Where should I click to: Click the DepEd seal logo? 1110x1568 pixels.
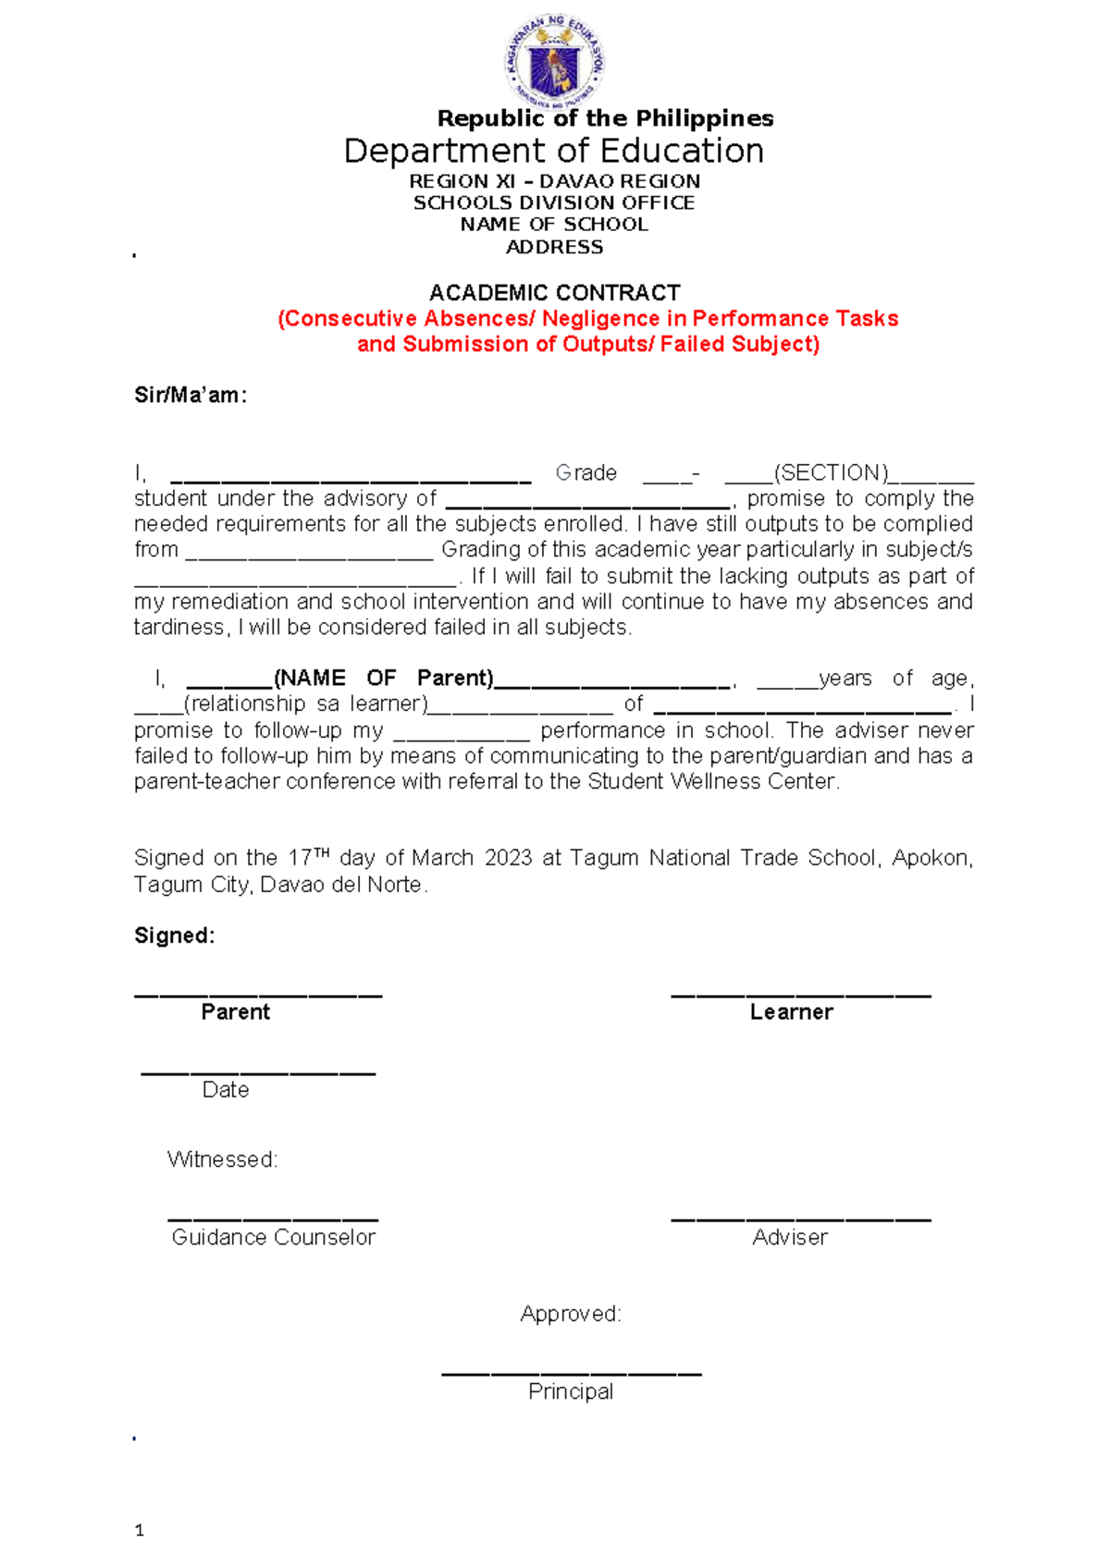point(554,61)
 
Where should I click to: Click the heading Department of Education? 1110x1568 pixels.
point(553,151)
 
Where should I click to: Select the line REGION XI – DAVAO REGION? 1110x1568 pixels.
point(554,181)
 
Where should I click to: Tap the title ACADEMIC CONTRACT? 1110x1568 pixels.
point(554,293)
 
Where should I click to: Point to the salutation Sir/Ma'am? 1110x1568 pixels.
point(191,396)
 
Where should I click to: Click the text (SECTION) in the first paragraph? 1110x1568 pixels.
point(831,473)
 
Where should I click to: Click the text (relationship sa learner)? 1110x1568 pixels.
point(306,704)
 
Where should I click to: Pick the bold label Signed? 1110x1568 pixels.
point(174,936)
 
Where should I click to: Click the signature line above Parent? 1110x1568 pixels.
point(258,995)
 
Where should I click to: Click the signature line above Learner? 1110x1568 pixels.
point(800,995)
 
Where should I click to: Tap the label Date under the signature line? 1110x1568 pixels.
point(226,1090)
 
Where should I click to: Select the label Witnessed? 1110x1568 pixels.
point(222,1159)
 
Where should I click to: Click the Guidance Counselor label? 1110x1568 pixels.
point(273,1237)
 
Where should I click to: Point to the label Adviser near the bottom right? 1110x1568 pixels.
point(789,1237)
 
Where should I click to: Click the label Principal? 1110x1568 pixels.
point(571,1391)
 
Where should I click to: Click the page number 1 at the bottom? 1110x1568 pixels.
point(140,1530)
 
